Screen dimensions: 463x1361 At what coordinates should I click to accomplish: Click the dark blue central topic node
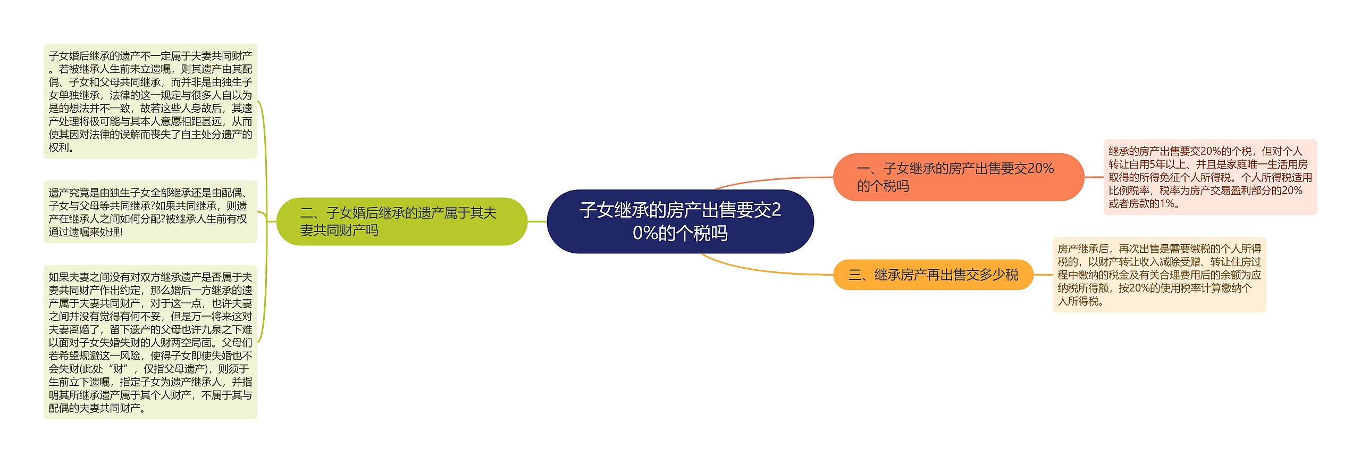(680, 221)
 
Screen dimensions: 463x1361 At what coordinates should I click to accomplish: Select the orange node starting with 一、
(958, 177)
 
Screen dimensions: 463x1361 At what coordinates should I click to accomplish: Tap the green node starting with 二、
(401, 221)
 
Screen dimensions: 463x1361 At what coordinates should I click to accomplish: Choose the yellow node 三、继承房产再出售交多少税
(933, 275)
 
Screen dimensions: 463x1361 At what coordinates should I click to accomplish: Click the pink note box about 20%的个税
(1210, 177)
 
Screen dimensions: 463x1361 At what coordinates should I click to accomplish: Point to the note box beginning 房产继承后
(1159, 275)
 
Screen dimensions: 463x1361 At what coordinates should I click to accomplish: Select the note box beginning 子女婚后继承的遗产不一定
(150, 101)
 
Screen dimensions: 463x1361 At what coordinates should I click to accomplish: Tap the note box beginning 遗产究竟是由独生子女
(150, 212)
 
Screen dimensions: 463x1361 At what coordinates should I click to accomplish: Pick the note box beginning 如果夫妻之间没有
(150, 342)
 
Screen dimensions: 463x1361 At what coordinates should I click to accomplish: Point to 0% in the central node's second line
(645, 233)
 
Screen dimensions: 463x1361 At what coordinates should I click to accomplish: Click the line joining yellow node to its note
(1043, 275)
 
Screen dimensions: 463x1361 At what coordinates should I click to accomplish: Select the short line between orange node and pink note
(1094, 177)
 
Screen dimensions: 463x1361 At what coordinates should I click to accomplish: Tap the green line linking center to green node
(537, 221)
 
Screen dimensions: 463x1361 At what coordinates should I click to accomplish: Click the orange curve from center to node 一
(771, 179)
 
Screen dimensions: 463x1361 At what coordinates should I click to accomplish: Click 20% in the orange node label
(1040, 169)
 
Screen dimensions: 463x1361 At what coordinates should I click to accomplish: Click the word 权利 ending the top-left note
(58, 148)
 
